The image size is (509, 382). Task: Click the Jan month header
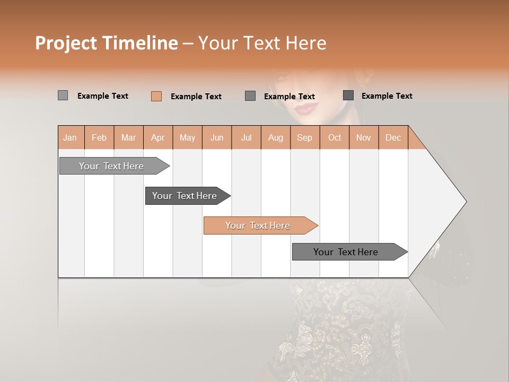70,137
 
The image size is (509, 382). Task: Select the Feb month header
99,137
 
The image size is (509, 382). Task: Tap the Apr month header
157,137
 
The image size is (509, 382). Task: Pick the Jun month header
217,137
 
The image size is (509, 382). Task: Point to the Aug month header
275,137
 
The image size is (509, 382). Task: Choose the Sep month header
304,137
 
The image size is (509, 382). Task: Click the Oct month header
335,137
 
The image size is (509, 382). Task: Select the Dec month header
393,137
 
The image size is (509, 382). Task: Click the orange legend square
156,96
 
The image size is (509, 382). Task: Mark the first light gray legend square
63,95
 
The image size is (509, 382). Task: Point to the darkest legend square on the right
348,95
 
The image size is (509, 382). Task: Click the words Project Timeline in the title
107,43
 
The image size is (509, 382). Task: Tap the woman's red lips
306,109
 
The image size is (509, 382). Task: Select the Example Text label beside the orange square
196,97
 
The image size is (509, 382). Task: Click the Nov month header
363,137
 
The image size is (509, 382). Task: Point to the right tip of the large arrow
465,202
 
